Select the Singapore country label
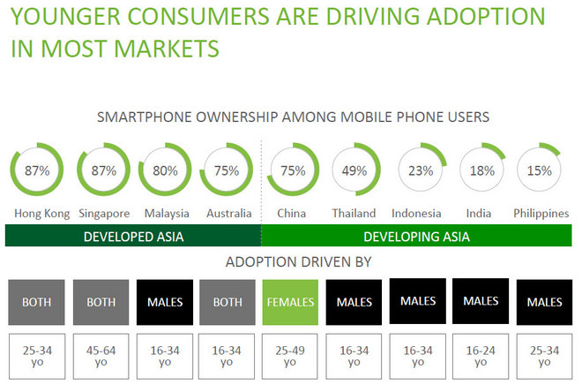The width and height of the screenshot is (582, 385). (x=103, y=213)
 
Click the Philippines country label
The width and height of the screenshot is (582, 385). (x=541, y=213)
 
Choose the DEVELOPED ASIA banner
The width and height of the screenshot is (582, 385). (x=132, y=236)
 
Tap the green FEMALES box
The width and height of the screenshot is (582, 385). (x=290, y=301)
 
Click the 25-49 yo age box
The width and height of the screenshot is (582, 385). (x=290, y=356)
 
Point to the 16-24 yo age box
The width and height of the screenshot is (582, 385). (x=481, y=355)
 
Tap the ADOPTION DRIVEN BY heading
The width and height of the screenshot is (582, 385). (x=291, y=262)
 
